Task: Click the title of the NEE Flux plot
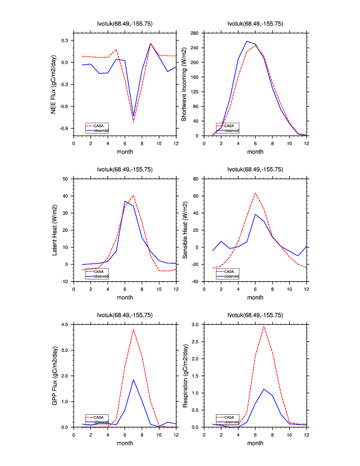pos(124,24)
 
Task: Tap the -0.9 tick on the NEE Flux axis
pos(64,128)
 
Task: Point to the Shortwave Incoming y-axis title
pos(184,84)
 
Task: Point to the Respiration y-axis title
pos(184,375)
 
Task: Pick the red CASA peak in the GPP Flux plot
pos(134,329)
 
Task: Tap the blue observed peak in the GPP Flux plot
pos(134,380)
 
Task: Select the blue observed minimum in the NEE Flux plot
pos(134,116)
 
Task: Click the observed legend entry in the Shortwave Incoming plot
pos(231,130)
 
